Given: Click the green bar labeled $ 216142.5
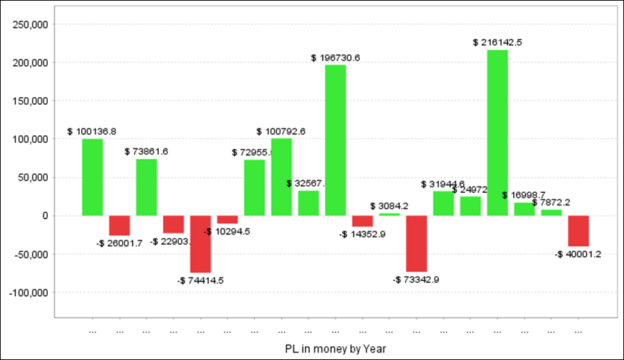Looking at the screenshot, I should click(497, 132).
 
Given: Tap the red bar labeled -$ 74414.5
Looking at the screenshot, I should click(200, 243).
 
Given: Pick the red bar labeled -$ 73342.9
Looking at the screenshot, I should click(416, 243).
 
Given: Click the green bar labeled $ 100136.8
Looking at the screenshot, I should click(92, 177).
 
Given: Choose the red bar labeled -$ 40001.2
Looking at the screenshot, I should click(578, 230).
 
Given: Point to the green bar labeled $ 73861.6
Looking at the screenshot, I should click(146, 187).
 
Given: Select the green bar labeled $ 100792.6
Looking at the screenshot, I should click(281, 177).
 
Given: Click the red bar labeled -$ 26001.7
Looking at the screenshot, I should click(119, 225).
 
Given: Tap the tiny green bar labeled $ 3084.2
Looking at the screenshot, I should click(389, 214).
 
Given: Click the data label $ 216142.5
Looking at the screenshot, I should click(497, 42).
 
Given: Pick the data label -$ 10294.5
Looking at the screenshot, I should click(227, 231).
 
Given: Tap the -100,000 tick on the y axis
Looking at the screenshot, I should click(29, 292).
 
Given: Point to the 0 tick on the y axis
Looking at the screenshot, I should click(45, 216).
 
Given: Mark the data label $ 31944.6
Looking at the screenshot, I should click(442, 184).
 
